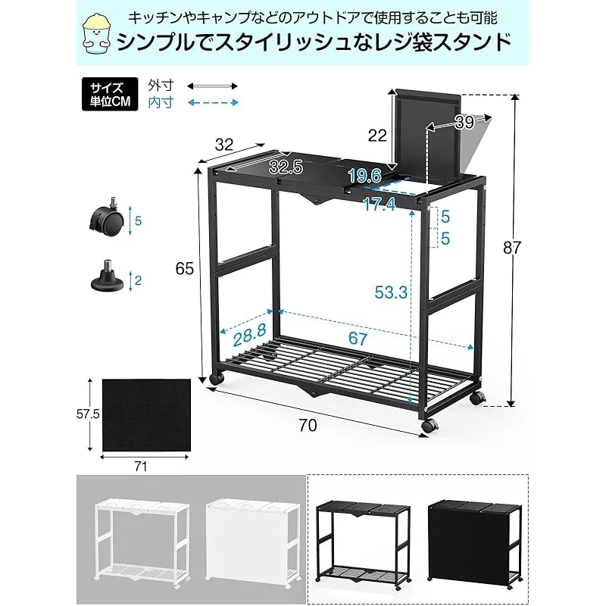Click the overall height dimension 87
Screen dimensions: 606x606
point(512,248)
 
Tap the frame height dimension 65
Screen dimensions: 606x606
point(184,268)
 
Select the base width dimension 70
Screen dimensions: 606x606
point(308,425)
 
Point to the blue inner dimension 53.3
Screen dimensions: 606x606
point(391,292)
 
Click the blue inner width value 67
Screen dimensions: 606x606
point(358,339)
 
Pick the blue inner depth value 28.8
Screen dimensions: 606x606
point(250,335)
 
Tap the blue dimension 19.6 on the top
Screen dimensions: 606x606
point(364,176)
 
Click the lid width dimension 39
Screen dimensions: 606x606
point(464,123)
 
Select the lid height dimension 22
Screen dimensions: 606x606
point(377,136)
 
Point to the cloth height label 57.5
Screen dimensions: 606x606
point(88,414)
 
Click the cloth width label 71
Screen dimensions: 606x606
point(141,467)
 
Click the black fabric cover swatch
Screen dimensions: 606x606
point(146,414)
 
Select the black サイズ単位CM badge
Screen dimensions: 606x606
point(110,94)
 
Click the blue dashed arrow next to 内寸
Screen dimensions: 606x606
point(213,102)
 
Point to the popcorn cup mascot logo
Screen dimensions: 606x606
point(97,34)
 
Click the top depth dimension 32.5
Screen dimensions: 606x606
point(286,167)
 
